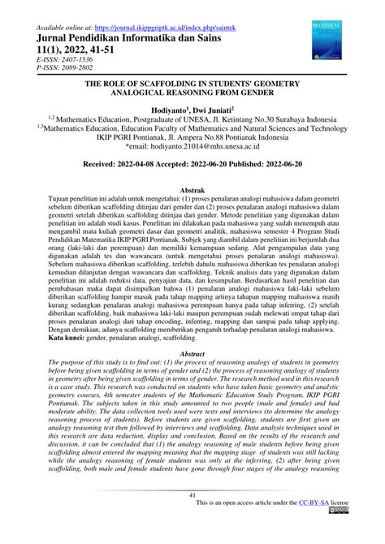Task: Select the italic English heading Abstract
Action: point(192,354)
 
